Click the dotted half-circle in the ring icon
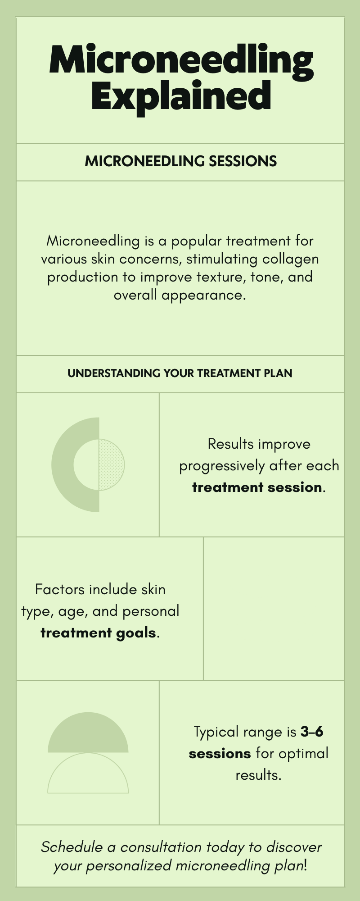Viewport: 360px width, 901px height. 111,464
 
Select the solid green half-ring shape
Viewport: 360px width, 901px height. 63,464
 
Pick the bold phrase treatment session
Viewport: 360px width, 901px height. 257,487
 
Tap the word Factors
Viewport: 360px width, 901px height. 60,589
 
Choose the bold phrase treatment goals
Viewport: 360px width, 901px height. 98,633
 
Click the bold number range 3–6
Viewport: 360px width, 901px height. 312,732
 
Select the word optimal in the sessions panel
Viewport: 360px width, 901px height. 303,753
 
